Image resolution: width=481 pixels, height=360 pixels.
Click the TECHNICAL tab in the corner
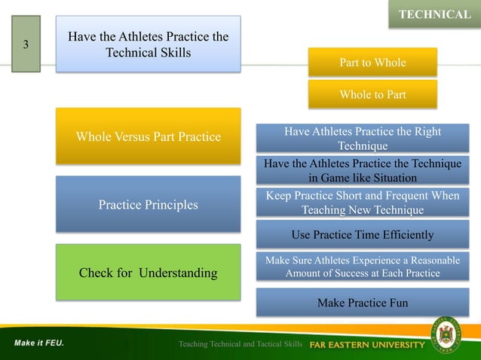click(x=434, y=14)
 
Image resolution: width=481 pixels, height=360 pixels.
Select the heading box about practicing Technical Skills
click(x=148, y=44)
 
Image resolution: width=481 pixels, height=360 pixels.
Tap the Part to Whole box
click(x=372, y=63)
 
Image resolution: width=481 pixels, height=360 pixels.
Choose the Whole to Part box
click(x=372, y=95)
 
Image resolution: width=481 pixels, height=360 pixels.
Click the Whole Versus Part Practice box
click(x=148, y=136)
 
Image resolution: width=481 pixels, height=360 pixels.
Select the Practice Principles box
click(x=148, y=204)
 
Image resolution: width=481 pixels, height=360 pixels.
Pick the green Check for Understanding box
click(x=148, y=273)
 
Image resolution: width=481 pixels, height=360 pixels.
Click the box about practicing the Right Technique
click(x=363, y=139)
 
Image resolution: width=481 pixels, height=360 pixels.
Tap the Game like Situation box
click(x=363, y=171)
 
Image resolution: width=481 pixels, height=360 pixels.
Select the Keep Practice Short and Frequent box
click(x=363, y=203)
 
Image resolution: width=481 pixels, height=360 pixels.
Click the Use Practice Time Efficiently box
click(x=363, y=235)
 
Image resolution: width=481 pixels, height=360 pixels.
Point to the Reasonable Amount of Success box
click(x=363, y=267)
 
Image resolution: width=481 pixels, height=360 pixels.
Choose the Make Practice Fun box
click(x=363, y=302)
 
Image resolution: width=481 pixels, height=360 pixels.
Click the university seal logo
click(x=450, y=334)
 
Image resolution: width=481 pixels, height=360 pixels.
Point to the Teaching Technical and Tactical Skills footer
click(x=240, y=344)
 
